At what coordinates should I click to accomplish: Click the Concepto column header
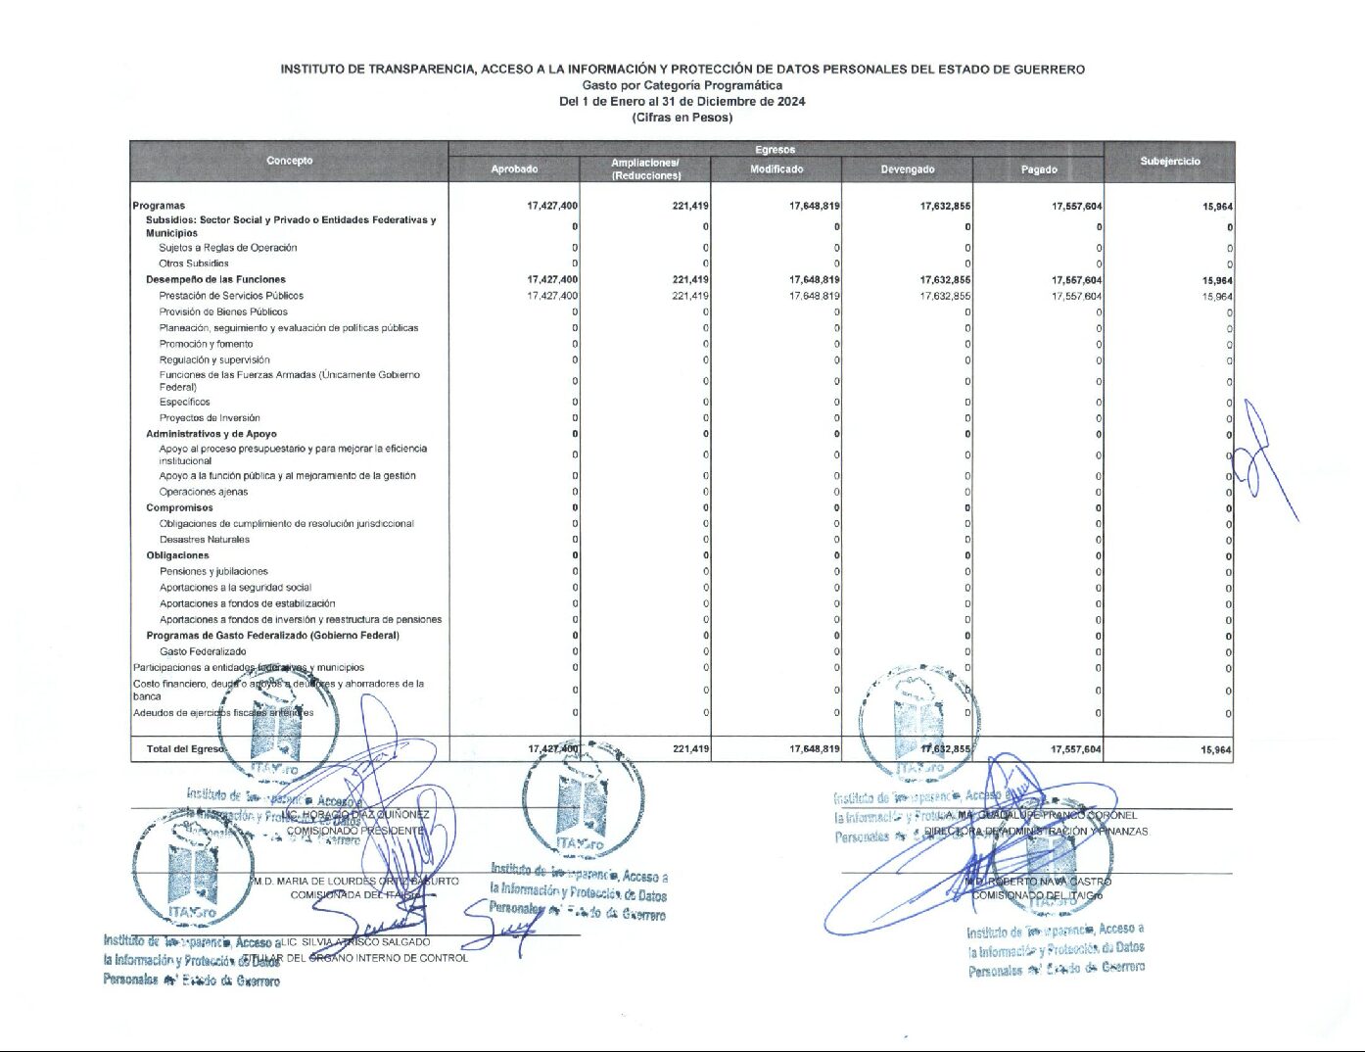[x=290, y=161]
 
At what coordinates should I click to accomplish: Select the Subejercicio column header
[x=1169, y=162]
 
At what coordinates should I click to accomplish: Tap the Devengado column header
[x=907, y=169]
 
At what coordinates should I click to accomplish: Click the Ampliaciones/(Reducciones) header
[x=645, y=169]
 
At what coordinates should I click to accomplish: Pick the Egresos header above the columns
[x=775, y=150]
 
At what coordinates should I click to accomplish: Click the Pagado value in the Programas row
[x=1076, y=207]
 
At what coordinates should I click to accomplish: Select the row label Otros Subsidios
[x=194, y=263]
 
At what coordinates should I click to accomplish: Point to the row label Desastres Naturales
[x=205, y=540]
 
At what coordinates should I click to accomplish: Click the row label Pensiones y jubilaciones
[x=213, y=571]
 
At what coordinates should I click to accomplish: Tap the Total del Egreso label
[x=185, y=749]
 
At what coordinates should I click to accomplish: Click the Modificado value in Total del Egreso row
[x=814, y=749]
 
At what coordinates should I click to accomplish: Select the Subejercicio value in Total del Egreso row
[x=1216, y=750]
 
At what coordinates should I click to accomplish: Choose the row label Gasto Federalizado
[x=203, y=651]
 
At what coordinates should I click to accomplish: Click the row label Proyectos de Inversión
[x=210, y=418]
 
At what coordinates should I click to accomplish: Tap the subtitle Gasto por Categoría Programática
[x=682, y=85]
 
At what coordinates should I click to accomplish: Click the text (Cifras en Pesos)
[x=682, y=118]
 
